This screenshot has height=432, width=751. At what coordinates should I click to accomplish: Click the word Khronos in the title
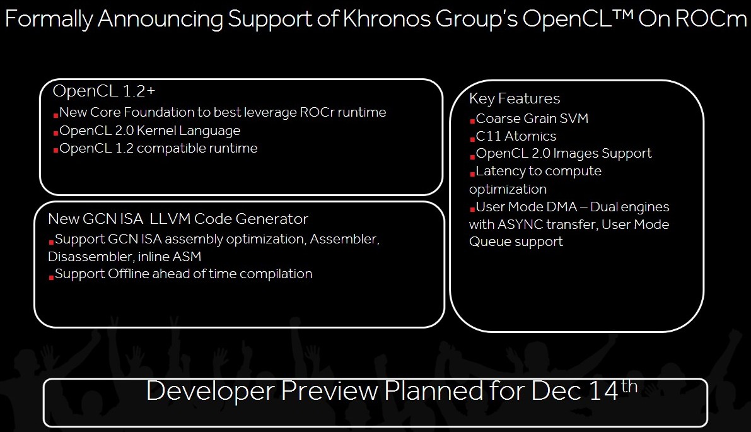(x=387, y=19)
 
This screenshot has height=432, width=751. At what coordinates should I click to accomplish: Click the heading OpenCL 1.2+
(x=104, y=91)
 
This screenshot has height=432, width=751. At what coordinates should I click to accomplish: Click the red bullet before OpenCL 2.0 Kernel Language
(x=55, y=132)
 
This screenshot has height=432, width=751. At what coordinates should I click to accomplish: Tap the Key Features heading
(x=515, y=98)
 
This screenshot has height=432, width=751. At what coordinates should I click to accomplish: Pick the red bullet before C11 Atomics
(x=472, y=138)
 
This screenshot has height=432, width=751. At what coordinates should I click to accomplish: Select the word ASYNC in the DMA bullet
(x=520, y=224)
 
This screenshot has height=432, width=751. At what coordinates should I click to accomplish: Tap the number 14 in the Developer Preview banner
(x=603, y=391)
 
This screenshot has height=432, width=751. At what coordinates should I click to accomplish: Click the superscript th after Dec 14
(x=629, y=385)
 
